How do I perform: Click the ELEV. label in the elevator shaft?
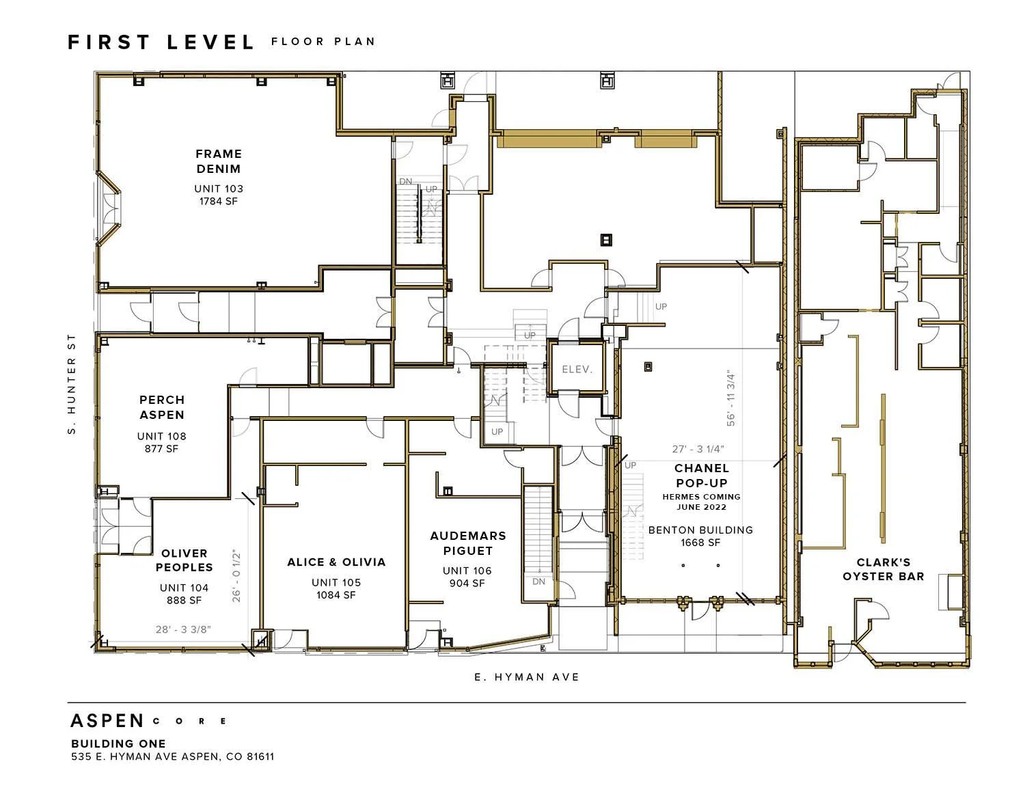pyautogui.click(x=577, y=369)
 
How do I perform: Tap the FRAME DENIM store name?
pyautogui.click(x=219, y=161)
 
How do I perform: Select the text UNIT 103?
pyautogui.click(x=219, y=189)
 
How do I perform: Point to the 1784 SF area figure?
pyautogui.click(x=219, y=202)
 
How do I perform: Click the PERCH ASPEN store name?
pyautogui.click(x=162, y=407)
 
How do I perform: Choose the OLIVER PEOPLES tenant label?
pyautogui.click(x=184, y=560)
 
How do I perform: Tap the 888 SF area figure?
pyautogui.click(x=184, y=601)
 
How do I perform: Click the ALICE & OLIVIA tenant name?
pyautogui.click(x=336, y=562)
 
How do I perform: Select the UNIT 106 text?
pyautogui.click(x=467, y=571)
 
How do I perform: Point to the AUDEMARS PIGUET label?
pyautogui.click(x=468, y=543)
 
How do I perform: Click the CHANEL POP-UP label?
pyautogui.click(x=701, y=476)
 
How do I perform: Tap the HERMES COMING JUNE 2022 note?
pyautogui.click(x=701, y=502)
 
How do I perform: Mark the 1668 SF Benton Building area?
pyautogui.click(x=700, y=543)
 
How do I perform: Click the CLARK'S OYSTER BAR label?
pyautogui.click(x=883, y=569)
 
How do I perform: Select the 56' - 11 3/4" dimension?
pyautogui.click(x=730, y=398)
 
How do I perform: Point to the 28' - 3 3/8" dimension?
pyautogui.click(x=183, y=629)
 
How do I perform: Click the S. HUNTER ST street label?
pyautogui.click(x=71, y=384)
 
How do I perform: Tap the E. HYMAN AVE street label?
pyautogui.click(x=527, y=677)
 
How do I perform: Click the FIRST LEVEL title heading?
pyautogui.click(x=161, y=42)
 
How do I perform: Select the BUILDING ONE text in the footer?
pyautogui.click(x=118, y=743)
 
